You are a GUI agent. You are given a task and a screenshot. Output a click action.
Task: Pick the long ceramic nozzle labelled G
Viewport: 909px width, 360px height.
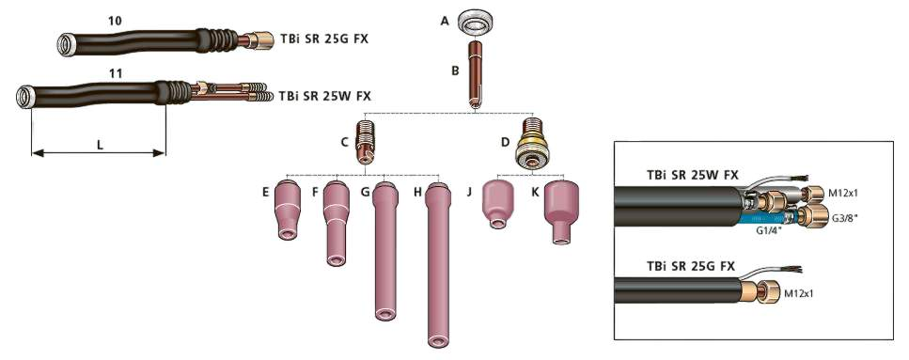pos(383,254)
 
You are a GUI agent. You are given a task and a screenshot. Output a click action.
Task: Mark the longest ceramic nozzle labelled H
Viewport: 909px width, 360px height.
pos(436,265)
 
